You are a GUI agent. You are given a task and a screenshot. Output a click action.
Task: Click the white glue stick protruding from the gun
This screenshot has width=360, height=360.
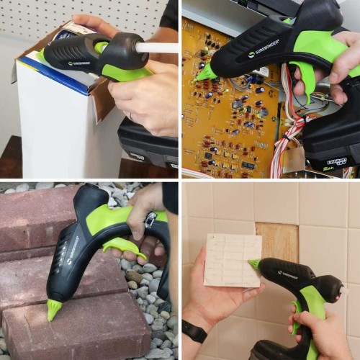(160, 48)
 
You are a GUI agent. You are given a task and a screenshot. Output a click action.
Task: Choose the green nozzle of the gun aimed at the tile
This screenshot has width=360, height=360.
(254, 265)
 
